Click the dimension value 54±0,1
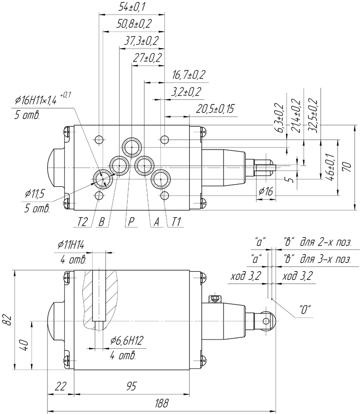pos(132,7)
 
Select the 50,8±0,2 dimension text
pos(134,24)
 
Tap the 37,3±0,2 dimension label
pos(141,41)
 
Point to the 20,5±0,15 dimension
pos(215,109)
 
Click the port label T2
pos(82,222)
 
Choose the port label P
pos(131,222)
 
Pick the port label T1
pos(176,222)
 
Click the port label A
pos(157,222)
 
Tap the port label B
pos(101,222)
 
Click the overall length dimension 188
pos(161,404)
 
